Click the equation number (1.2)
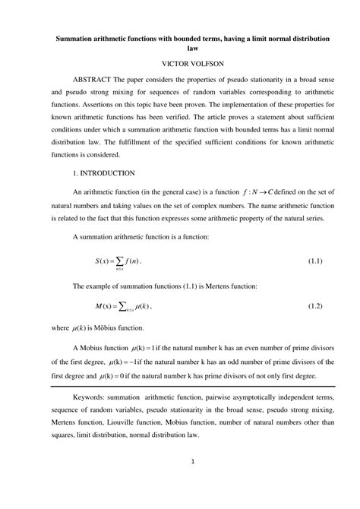click(x=314, y=305)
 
